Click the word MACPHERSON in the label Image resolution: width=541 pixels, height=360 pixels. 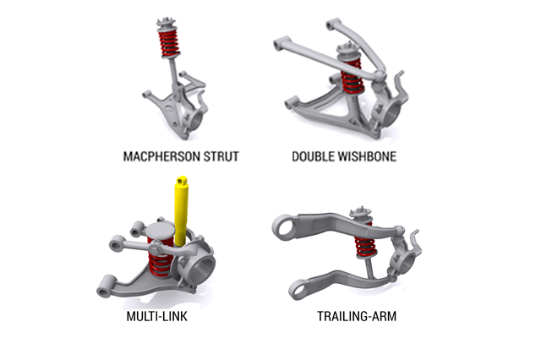tap(161, 156)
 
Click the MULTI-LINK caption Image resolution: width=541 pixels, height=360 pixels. tap(157, 316)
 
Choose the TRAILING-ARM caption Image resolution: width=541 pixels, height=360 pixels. tap(357, 316)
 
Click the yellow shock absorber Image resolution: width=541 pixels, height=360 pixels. tap(181, 210)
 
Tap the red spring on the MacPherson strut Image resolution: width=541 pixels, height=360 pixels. tap(169, 43)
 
